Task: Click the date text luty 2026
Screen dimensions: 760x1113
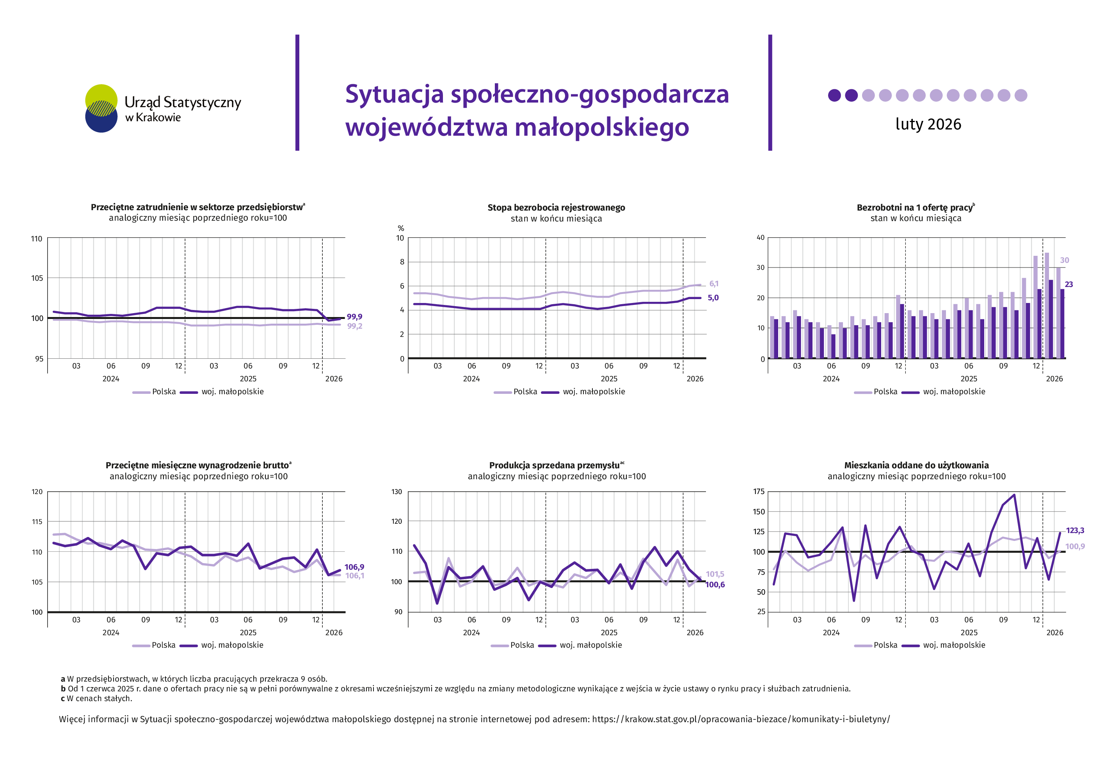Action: pos(928,124)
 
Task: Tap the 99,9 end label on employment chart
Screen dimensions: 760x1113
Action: pos(354,317)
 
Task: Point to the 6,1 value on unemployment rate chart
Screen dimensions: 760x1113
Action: pos(714,284)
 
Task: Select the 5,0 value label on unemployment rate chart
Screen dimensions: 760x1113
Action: pos(713,298)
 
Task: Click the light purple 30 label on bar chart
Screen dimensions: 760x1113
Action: pos(1064,260)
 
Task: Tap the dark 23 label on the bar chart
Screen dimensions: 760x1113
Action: pos(1069,284)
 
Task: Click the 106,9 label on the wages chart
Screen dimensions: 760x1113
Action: pos(354,567)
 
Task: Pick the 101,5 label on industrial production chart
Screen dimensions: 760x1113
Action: pos(715,574)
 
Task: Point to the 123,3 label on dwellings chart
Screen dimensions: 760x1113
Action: pos(1075,530)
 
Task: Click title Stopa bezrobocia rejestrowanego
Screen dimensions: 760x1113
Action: pos(556,208)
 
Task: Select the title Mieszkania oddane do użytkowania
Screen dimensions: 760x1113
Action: pos(916,465)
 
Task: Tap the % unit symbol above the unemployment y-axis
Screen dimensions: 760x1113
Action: pos(401,228)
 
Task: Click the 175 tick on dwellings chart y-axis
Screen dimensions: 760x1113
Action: pos(759,491)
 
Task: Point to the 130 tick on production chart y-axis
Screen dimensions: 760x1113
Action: pos(396,491)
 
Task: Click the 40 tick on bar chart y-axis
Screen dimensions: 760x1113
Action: pos(760,237)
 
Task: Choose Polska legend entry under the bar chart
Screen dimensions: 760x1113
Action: pos(885,392)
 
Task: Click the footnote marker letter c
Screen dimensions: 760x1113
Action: pos(63,699)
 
